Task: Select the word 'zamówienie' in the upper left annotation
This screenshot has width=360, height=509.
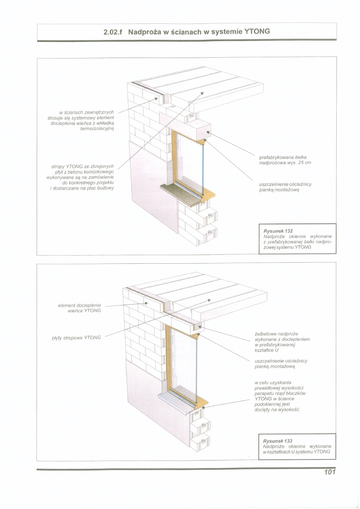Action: [x=102, y=177]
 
